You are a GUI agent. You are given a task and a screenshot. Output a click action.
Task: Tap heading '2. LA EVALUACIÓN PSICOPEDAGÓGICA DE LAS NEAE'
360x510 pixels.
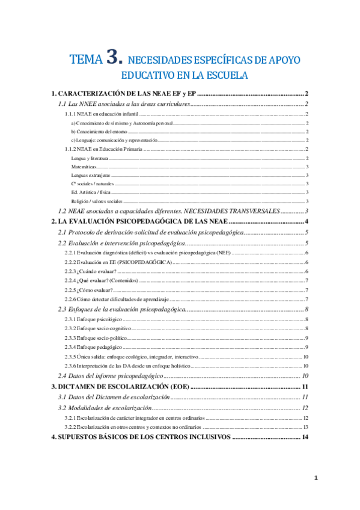[139, 222]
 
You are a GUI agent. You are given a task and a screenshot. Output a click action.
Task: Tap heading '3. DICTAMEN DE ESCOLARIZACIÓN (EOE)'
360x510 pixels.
[120, 386]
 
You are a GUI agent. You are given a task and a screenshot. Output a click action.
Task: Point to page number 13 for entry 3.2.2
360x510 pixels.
[306, 427]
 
